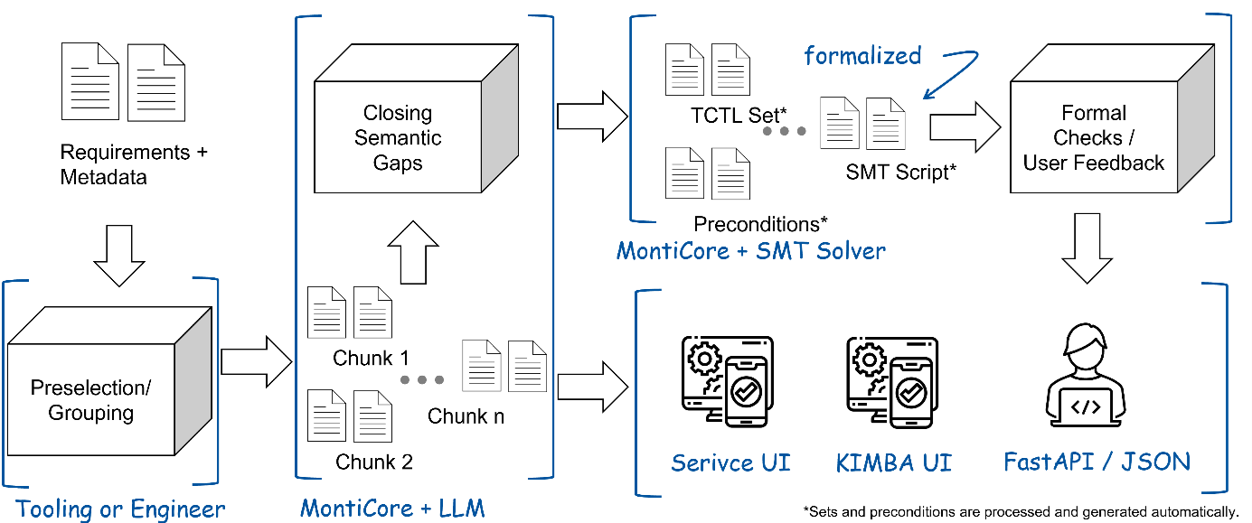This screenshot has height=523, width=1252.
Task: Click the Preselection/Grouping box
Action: coord(90,400)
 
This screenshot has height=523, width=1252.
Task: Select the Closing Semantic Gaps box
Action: coord(398,138)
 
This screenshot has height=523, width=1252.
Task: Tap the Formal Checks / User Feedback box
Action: coord(1094,138)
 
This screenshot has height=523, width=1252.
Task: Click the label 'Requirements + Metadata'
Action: coord(134,164)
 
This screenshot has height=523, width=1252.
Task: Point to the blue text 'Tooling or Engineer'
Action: coord(121,508)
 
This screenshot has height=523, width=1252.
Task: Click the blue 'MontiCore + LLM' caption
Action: coord(392,508)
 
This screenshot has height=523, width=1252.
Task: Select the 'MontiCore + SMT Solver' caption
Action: coord(750,250)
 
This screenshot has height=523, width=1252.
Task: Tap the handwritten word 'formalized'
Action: coord(862,56)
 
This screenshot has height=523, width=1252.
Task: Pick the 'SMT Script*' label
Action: coord(901,172)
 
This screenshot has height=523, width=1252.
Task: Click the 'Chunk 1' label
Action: coord(371,358)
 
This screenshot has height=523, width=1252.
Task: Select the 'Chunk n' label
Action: coord(466,416)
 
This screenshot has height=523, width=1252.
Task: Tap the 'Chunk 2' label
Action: coord(374,462)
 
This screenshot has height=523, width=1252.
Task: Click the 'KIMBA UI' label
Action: coord(893,463)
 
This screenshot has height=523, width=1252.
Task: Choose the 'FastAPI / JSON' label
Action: coord(1097,462)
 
